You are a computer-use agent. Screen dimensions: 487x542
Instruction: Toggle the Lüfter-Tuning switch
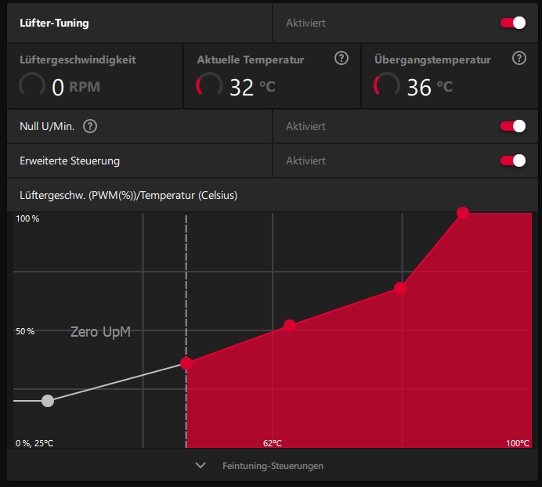513,23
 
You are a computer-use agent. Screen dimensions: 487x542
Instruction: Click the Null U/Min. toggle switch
513,126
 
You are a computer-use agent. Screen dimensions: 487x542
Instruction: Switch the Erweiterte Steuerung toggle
513,161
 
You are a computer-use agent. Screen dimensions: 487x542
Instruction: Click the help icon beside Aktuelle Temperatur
341,59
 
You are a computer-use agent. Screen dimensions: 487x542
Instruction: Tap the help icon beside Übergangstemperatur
519,59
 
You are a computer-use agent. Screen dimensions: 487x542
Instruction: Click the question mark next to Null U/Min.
90,126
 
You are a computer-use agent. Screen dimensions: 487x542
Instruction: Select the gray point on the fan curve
48,401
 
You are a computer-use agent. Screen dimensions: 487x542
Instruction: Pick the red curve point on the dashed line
186,363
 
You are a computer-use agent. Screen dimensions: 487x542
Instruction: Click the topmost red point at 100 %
463,213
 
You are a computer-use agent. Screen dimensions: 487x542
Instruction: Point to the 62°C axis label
273,443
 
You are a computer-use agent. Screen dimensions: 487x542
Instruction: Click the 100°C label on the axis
518,443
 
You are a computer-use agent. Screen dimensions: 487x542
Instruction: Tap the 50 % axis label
26,332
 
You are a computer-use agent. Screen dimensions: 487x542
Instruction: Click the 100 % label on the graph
27,218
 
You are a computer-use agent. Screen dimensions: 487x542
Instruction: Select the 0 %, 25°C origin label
35,443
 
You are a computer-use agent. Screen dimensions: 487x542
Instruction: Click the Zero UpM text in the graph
100,332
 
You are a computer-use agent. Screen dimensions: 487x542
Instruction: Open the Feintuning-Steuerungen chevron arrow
201,465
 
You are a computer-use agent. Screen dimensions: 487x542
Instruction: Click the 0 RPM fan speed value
75,86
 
